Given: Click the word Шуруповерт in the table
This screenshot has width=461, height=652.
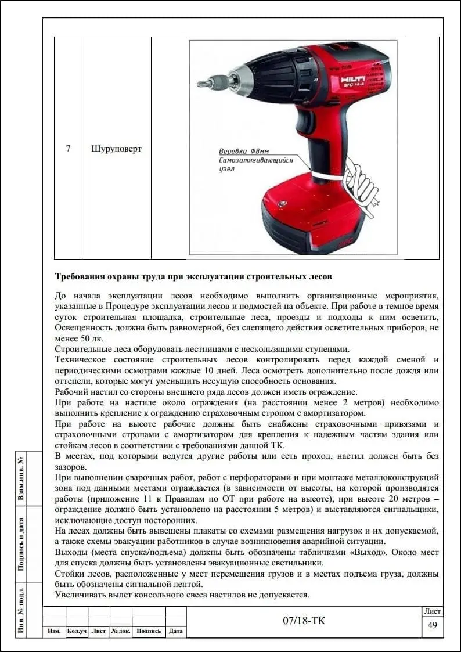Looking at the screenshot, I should [116, 149].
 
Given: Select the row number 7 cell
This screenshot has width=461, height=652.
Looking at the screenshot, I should [68, 149].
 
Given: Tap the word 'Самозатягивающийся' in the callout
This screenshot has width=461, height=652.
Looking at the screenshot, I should [256, 159].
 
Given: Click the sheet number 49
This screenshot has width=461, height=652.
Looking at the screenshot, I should [432, 625].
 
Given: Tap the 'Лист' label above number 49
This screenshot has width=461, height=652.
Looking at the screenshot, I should [432, 611].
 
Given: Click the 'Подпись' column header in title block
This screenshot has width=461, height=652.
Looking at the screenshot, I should [149, 631].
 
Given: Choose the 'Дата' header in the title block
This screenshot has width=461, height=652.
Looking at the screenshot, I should [175, 631].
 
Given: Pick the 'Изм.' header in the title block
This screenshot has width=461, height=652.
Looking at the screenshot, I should [54, 631].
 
